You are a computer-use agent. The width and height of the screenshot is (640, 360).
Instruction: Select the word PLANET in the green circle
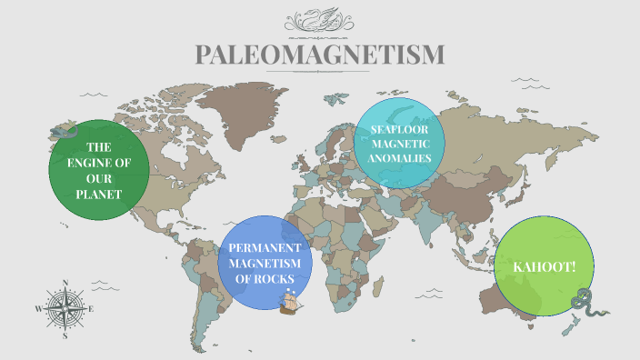tap(99, 194)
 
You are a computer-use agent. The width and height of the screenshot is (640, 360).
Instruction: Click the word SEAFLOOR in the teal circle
tap(399, 129)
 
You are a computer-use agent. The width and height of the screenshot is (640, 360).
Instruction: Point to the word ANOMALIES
tap(399, 157)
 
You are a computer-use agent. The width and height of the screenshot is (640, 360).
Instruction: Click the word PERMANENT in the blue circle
tap(265, 247)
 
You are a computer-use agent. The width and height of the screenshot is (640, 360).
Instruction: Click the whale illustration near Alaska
tap(62, 133)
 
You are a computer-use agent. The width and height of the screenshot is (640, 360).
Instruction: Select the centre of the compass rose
tap(65, 308)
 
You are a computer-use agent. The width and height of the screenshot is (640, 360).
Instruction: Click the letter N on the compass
tap(65, 282)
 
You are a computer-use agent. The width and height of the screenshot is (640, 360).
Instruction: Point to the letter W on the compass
tap(38, 308)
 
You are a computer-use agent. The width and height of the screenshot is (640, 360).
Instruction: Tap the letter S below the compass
tap(65, 335)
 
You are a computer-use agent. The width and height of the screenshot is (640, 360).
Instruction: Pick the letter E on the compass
tap(91, 308)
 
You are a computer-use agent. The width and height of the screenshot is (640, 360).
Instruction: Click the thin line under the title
tap(320, 72)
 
